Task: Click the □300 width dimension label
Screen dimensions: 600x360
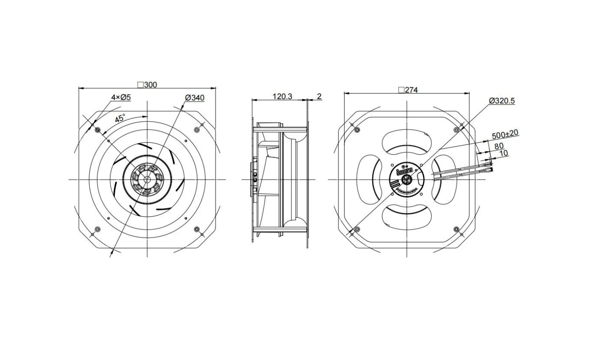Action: [x=147, y=85]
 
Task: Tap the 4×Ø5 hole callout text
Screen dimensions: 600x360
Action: [x=121, y=97]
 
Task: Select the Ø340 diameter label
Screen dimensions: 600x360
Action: [x=195, y=98]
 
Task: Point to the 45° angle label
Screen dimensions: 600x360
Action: [x=120, y=118]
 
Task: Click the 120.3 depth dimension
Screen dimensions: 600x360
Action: [x=282, y=97]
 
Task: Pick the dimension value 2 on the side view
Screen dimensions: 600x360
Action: [x=319, y=97]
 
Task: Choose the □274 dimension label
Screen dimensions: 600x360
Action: [x=408, y=90]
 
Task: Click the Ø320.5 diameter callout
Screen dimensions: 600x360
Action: [x=502, y=101]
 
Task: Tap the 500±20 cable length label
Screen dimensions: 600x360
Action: [x=505, y=134]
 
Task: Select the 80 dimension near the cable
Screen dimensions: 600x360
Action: [x=499, y=146]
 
